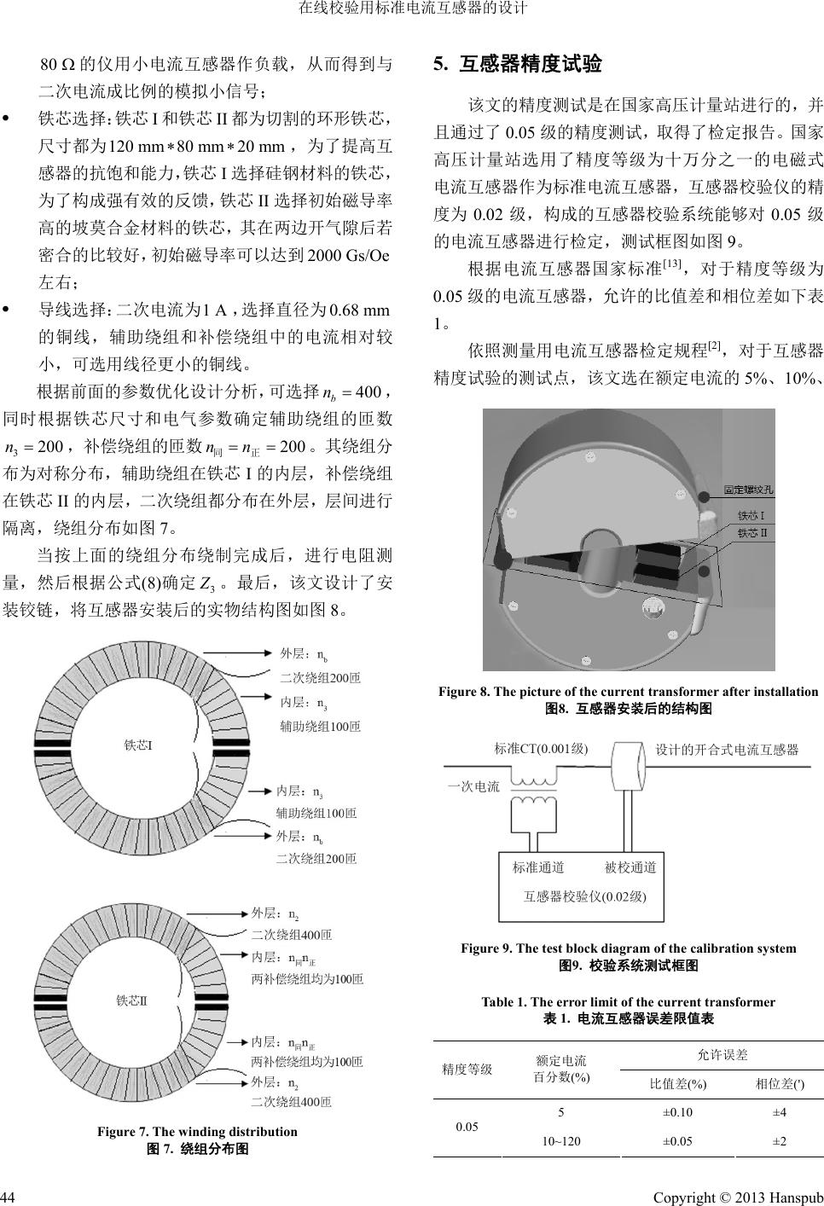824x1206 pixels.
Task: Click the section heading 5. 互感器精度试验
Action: point(518,64)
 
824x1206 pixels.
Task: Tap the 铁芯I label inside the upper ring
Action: point(139,745)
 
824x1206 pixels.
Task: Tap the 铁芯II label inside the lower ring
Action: point(132,1000)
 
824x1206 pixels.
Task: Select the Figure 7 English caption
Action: point(197,1132)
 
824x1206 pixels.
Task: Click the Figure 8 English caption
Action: point(628,692)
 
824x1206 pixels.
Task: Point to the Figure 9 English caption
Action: point(628,948)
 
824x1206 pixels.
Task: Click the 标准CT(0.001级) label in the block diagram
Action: point(541,749)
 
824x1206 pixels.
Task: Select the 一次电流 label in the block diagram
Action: point(473,786)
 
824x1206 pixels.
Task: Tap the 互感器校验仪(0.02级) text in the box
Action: point(584,896)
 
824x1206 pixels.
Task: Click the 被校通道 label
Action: point(630,867)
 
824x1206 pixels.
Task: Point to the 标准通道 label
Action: point(538,867)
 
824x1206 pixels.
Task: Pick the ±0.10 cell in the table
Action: point(677,1112)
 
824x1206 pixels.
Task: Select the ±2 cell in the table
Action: point(779,1141)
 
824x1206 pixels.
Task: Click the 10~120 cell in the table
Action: point(561,1141)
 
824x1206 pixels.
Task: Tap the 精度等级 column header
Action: point(467,1069)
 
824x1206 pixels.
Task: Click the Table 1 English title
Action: point(628,1002)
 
